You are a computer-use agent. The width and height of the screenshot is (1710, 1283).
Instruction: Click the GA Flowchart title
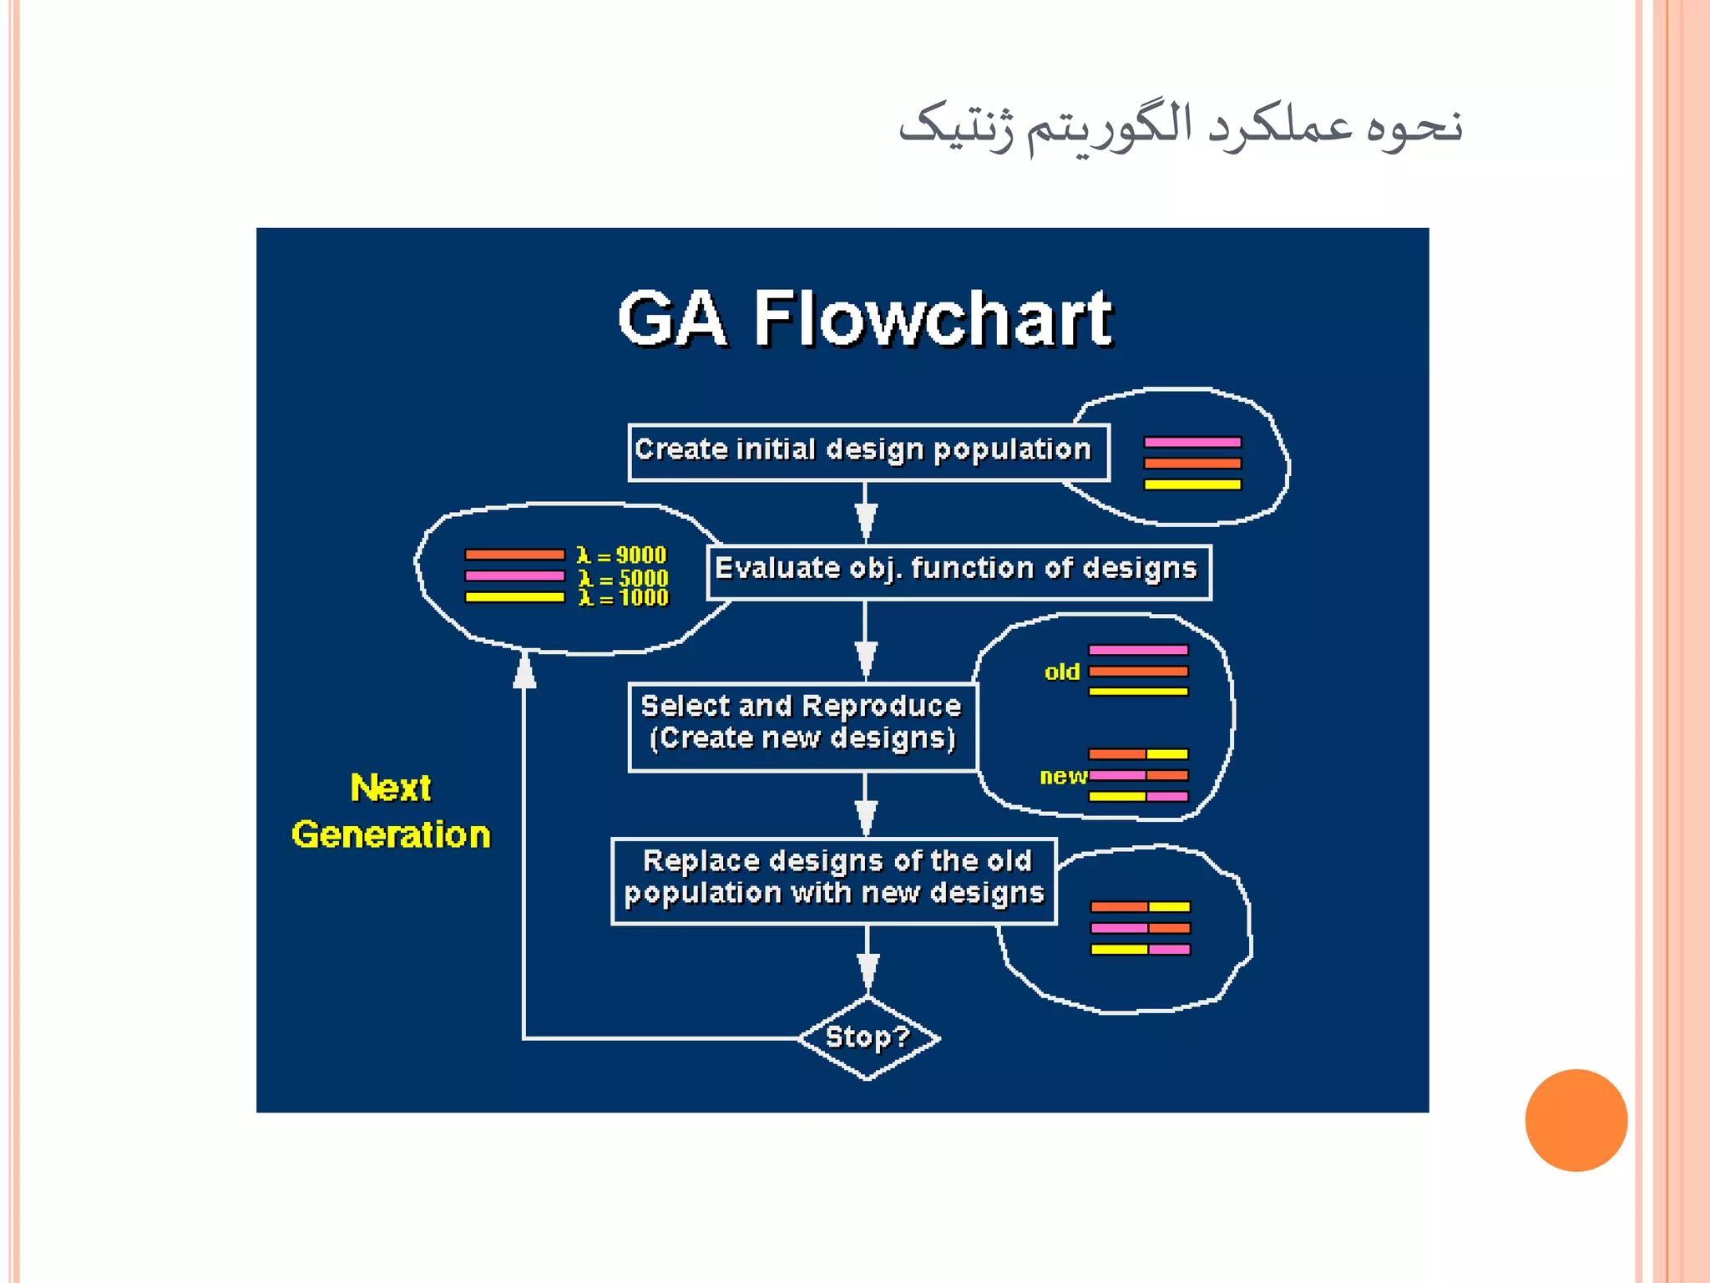coord(865,318)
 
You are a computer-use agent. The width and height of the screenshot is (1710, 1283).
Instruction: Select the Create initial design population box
coord(868,452)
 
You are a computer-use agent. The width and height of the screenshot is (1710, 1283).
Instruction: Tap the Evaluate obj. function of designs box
coord(958,571)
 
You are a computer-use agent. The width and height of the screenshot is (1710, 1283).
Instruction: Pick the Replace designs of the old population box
coord(833,880)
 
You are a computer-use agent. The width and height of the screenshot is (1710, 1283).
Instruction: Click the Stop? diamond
coord(868,1037)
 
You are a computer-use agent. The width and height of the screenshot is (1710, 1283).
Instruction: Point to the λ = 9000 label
coord(622,555)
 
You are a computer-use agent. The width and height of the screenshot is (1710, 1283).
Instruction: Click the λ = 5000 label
coord(624,578)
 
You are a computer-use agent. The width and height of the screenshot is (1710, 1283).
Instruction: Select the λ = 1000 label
coord(624,598)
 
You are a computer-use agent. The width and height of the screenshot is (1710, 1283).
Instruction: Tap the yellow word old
coord(1062,672)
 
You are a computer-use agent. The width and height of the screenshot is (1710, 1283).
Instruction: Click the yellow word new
coord(1062,776)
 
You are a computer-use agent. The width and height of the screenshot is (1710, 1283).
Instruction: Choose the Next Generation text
coord(391,811)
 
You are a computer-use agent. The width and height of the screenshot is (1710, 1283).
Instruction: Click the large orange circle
coord(1576,1120)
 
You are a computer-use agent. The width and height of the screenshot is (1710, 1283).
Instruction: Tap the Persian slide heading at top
coord(1180,127)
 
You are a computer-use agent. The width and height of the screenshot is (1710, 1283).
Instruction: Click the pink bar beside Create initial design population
coord(1192,442)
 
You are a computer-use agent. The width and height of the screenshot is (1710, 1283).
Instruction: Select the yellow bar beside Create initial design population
coord(1192,484)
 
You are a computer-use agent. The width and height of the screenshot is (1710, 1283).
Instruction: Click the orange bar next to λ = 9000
coord(514,555)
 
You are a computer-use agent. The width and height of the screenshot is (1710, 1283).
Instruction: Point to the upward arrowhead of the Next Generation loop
coord(524,671)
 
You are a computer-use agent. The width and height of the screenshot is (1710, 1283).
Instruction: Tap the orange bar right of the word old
coord(1138,671)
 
